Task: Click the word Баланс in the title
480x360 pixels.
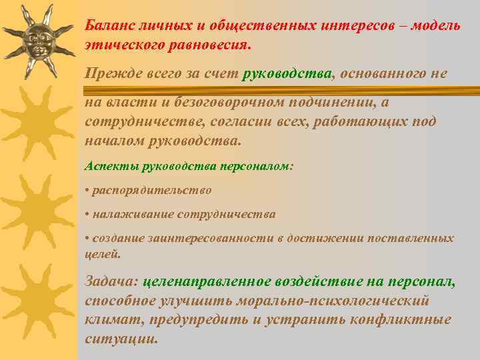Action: [109, 25]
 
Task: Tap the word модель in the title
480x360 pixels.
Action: [435, 25]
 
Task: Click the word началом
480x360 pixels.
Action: [111, 141]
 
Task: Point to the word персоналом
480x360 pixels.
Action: [258, 165]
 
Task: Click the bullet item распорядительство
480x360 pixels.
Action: [152, 190]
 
